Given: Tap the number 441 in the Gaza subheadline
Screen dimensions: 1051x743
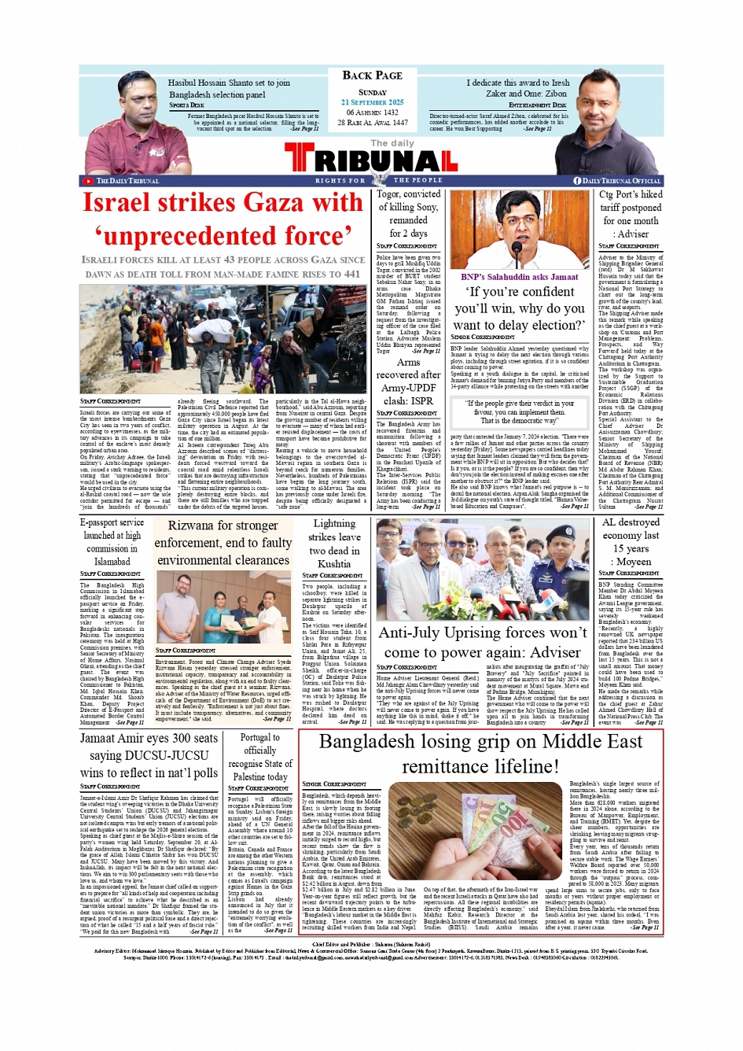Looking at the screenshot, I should [351, 274].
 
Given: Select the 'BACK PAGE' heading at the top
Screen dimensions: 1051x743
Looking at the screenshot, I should [372, 76].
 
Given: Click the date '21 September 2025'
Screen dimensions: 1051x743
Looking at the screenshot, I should [372, 102].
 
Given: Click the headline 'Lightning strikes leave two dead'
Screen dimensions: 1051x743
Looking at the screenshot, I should [334, 543].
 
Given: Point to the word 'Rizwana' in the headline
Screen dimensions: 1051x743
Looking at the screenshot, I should [189, 525].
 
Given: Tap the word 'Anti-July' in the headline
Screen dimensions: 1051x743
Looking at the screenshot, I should [416, 632].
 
